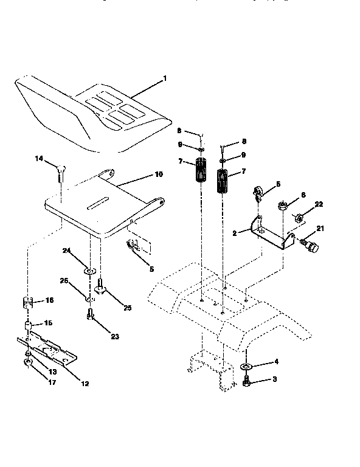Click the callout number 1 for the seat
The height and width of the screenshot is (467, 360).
(x=164, y=79)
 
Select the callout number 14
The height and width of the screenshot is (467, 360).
(x=39, y=159)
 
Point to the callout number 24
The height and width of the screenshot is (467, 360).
(x=66, y=250)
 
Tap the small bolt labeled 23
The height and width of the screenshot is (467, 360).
(x=90, y=315)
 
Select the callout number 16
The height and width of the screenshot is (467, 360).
(x=50, y=300)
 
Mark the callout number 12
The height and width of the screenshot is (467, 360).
(x=84, y=383)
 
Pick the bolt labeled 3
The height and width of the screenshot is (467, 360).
(x=246, y=382)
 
